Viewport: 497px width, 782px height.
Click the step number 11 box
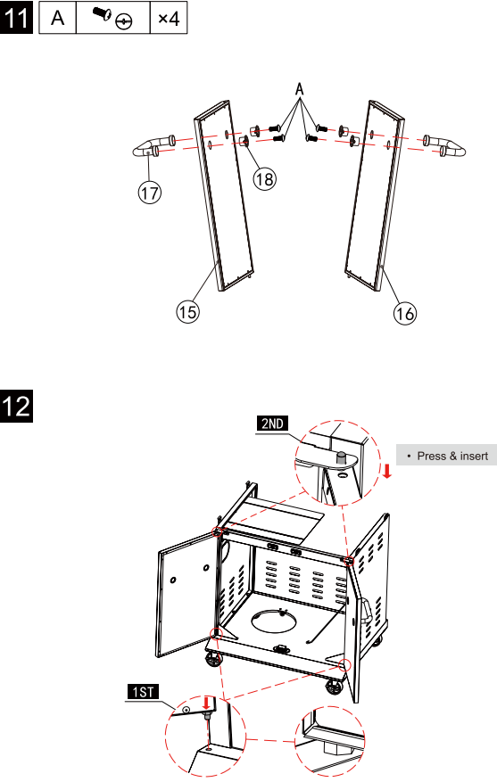point(16,18)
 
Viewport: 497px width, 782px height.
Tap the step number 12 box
point(16,406)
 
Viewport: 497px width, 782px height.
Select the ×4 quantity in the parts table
point(169,19)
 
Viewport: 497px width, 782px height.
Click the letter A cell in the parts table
point(58,18)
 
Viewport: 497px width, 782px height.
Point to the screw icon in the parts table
point(112,18)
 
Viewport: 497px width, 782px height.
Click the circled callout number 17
point(150,193)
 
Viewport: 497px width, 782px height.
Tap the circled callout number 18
point(264,178)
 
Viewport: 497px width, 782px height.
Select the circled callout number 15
point(187,312)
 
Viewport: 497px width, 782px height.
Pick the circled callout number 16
point(404,313)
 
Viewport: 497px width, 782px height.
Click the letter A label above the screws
point(300,90)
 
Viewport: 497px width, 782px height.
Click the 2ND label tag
point(272,424)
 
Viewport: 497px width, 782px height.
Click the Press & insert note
point(447,456)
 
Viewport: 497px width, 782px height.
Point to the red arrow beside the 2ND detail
point(386,470)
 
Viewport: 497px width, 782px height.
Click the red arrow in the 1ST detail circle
point(205,704)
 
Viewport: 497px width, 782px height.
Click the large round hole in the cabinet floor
point(273,621)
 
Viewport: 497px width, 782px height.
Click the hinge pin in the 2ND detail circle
point(341,457)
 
